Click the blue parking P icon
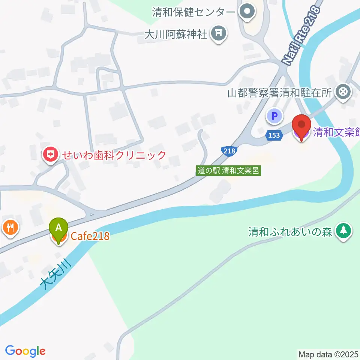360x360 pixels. point(275,116)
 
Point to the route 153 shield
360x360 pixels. point(274,135)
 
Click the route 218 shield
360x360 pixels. point(229,151)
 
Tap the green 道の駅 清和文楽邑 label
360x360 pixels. point(228,171)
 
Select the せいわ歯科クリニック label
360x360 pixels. point(114,155)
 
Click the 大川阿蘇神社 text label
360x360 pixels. point(175,35)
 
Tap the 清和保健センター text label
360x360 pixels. point(193,12)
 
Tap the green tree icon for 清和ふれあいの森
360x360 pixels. point(343,231)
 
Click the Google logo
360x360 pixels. point(25,351)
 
